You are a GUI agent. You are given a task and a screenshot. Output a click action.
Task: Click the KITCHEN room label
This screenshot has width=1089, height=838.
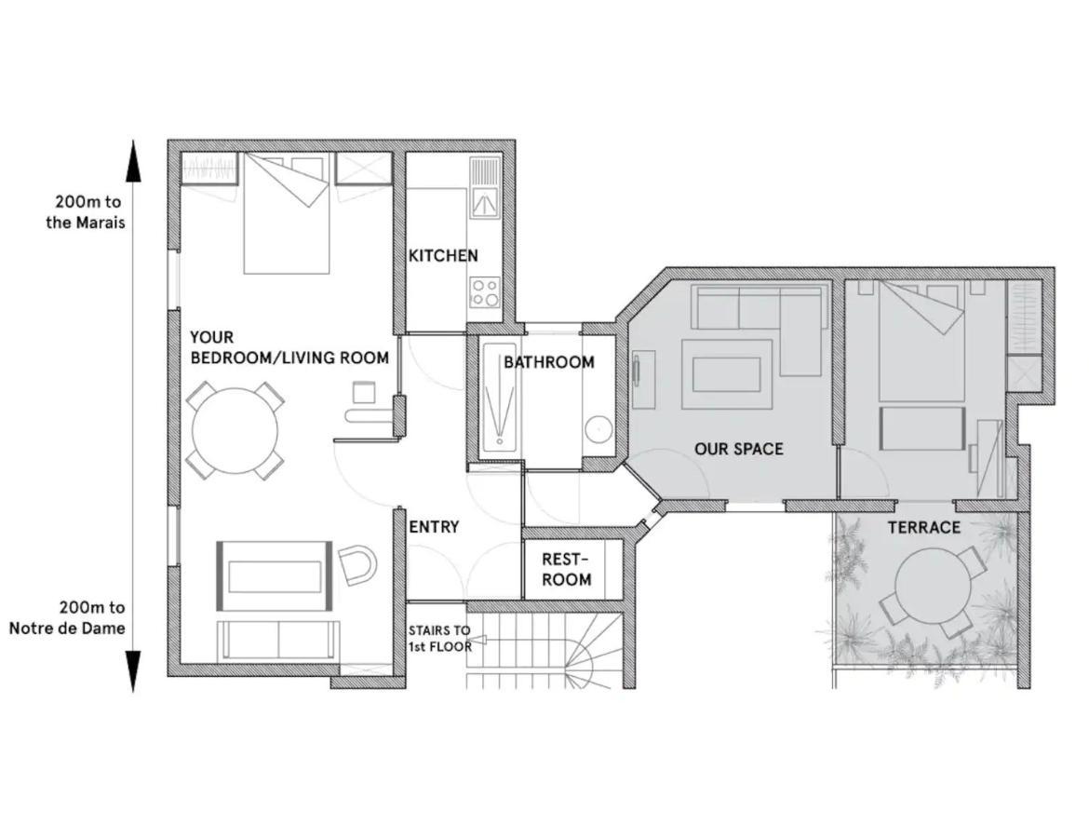(443, 255)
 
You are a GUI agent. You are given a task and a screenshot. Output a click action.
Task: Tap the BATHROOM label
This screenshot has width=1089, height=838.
(549, 362)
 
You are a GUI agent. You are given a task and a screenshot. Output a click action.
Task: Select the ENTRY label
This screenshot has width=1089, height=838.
(434, 527)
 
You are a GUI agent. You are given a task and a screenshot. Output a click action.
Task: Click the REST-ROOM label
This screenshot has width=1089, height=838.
(566, 569)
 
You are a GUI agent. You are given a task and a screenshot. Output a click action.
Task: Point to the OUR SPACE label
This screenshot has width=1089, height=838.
(738, 449)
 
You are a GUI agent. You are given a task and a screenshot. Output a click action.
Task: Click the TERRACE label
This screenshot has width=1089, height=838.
(923, 528)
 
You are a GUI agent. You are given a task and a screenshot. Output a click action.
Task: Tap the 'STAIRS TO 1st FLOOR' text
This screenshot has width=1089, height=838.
(439, 638)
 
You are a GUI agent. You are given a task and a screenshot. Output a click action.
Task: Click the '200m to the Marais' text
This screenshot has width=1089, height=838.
(86, 212)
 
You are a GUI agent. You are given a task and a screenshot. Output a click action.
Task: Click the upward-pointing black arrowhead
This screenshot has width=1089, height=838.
(134, 162)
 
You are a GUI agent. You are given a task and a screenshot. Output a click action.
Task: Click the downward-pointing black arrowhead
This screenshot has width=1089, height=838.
(134, 670)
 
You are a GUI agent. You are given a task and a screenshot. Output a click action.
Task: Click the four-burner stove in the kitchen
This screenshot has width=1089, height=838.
(484, 292)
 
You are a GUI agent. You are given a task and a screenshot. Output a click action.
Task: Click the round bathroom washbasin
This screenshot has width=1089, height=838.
(598, 429)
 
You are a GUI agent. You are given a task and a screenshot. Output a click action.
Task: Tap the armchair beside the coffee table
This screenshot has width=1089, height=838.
(357, 564)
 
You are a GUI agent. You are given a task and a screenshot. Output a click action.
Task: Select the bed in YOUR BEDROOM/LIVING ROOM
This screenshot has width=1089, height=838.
(286, 214)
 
